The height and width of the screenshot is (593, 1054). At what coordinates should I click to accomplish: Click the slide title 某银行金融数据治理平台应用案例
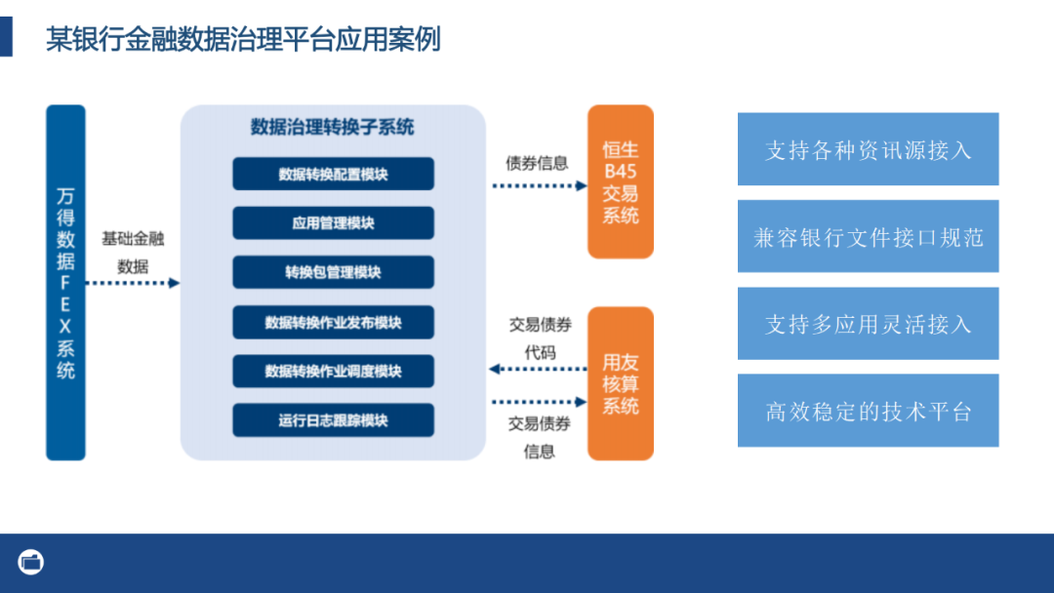click(x=243, y=39)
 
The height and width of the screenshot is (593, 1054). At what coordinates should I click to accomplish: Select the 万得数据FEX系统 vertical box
click(x=65, y=282)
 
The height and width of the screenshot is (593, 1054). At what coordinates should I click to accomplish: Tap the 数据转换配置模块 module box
click(x=333, y=174)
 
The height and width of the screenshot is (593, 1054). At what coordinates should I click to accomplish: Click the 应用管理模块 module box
click(x=333, y=222)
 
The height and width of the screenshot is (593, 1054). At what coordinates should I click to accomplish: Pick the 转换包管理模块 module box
click(x=333, y=272)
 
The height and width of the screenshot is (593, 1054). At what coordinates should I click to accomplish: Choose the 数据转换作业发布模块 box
click(x=333, y=322)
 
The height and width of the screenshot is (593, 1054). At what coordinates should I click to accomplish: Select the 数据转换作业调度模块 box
click(x=333, y=371)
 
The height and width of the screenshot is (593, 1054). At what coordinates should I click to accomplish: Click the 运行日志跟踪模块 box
click(x=333, y=420)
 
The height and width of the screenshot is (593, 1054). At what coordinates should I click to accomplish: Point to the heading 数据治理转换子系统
click(x=332, y=127)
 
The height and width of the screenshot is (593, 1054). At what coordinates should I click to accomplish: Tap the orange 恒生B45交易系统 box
click(x=620, y=182)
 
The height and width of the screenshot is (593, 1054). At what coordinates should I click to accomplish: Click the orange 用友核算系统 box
click(x=620, y=383)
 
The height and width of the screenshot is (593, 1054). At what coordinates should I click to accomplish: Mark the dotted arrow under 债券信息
click(x=539, y=185)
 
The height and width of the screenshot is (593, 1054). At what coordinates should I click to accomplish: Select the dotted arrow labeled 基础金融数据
click(x=133, y=283)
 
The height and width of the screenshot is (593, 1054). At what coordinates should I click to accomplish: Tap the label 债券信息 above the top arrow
click(x=537, y=163)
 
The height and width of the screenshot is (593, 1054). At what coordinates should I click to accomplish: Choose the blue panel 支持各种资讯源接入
click(x=868, y=149)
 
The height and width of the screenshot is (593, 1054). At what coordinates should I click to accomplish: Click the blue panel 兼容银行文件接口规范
click(x=868, y=236)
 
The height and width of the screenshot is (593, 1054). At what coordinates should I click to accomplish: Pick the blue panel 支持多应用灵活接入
click(x=868, y=323)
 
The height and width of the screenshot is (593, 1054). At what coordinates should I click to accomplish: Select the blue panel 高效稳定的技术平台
click(x=868, y=411)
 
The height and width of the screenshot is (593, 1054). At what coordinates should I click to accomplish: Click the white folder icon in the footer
click(x=31, y=562)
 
